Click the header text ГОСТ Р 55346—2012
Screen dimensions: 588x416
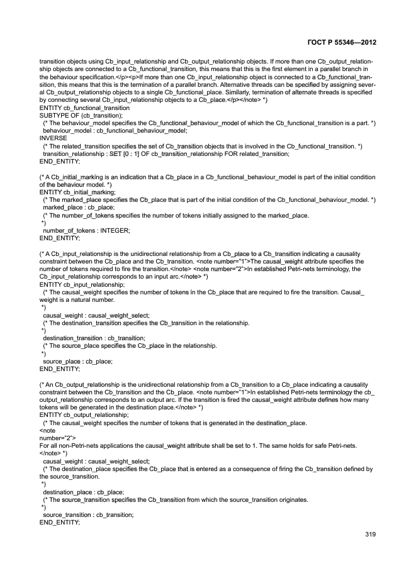(344, 42)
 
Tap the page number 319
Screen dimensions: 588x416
(370, 535)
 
